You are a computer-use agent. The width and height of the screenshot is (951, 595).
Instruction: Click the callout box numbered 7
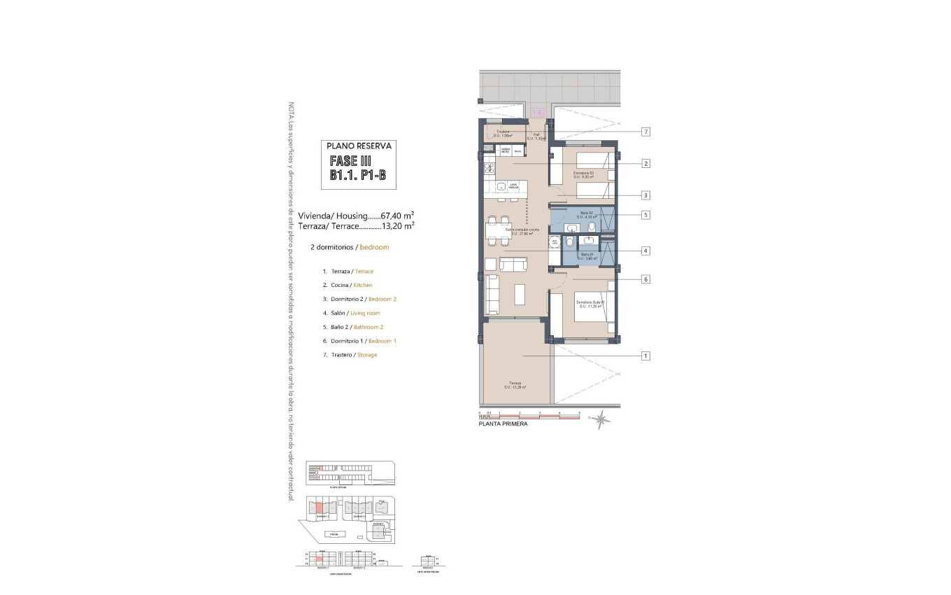(646, 132)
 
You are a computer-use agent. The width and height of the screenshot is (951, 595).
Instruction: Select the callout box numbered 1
(646, 356)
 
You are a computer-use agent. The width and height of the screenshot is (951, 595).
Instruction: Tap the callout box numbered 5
(646, 215)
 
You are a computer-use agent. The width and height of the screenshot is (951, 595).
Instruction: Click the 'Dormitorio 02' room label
(583, 175)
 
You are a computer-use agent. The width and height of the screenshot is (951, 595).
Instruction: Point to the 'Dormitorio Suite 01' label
(589, 304)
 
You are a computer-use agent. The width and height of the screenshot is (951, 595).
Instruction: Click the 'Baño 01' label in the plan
(587, 256)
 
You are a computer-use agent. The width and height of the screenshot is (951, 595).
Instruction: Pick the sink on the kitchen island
(501, 187)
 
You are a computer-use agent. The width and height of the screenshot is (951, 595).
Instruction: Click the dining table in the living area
(499, 230)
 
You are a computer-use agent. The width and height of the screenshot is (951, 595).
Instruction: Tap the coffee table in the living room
(520, 295)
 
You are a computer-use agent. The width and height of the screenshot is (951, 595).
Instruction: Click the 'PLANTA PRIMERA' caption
(503, 424)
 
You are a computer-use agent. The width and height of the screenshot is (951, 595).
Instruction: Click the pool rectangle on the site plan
(335, 534)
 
